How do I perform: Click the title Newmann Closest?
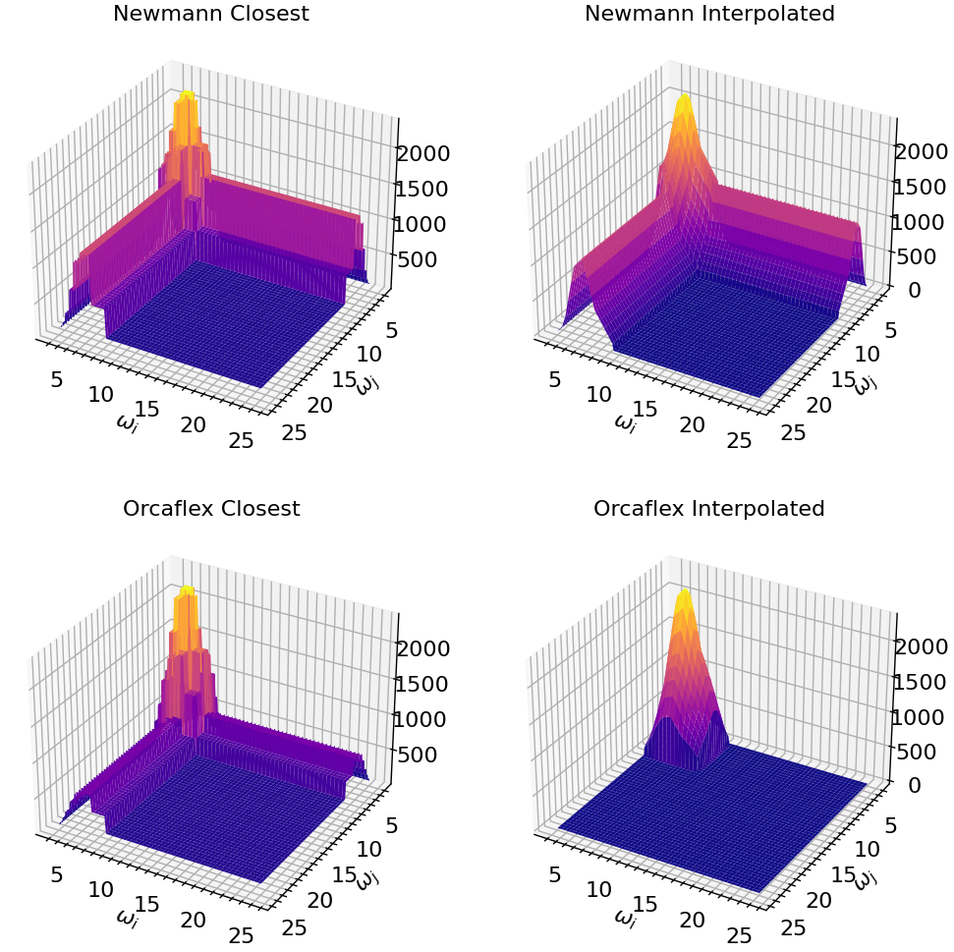210,15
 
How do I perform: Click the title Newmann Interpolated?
709,15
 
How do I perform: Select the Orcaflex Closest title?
210,509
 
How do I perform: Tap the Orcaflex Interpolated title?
709,509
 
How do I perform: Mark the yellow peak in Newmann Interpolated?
683,102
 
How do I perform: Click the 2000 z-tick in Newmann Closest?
423,153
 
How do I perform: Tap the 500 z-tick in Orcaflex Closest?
423,755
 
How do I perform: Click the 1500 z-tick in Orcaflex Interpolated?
921,682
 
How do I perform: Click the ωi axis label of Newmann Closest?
127,422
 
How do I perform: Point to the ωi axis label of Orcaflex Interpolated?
624,918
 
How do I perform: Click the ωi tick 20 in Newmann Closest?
194,424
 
